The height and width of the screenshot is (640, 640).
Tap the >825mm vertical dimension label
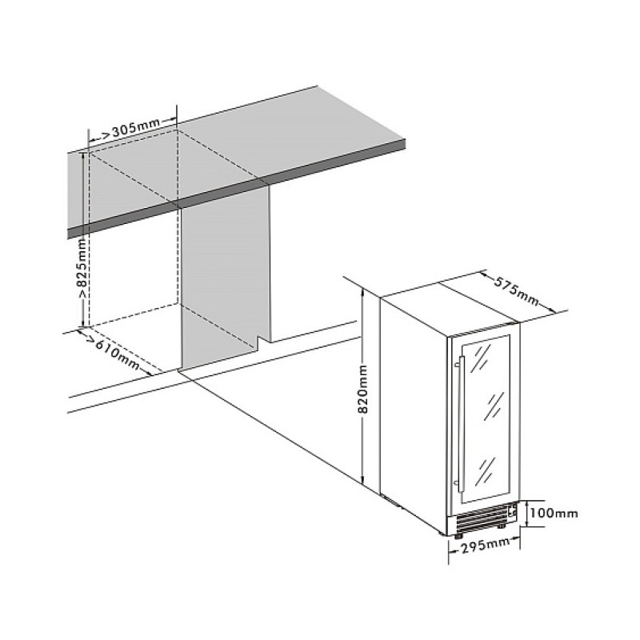82,269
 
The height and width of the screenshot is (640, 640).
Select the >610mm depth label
114,353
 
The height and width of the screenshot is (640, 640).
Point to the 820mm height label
363,390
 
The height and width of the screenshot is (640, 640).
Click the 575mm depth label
516,291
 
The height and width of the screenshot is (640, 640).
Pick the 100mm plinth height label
554,513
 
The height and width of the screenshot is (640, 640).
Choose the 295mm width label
485,546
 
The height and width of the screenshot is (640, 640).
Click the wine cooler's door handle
462,424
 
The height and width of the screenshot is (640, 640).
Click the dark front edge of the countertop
237,189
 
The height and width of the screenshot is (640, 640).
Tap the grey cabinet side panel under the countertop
225,282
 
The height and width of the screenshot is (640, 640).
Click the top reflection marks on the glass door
481,358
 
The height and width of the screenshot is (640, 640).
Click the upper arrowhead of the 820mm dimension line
362,290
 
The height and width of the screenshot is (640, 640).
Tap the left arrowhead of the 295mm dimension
451,551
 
